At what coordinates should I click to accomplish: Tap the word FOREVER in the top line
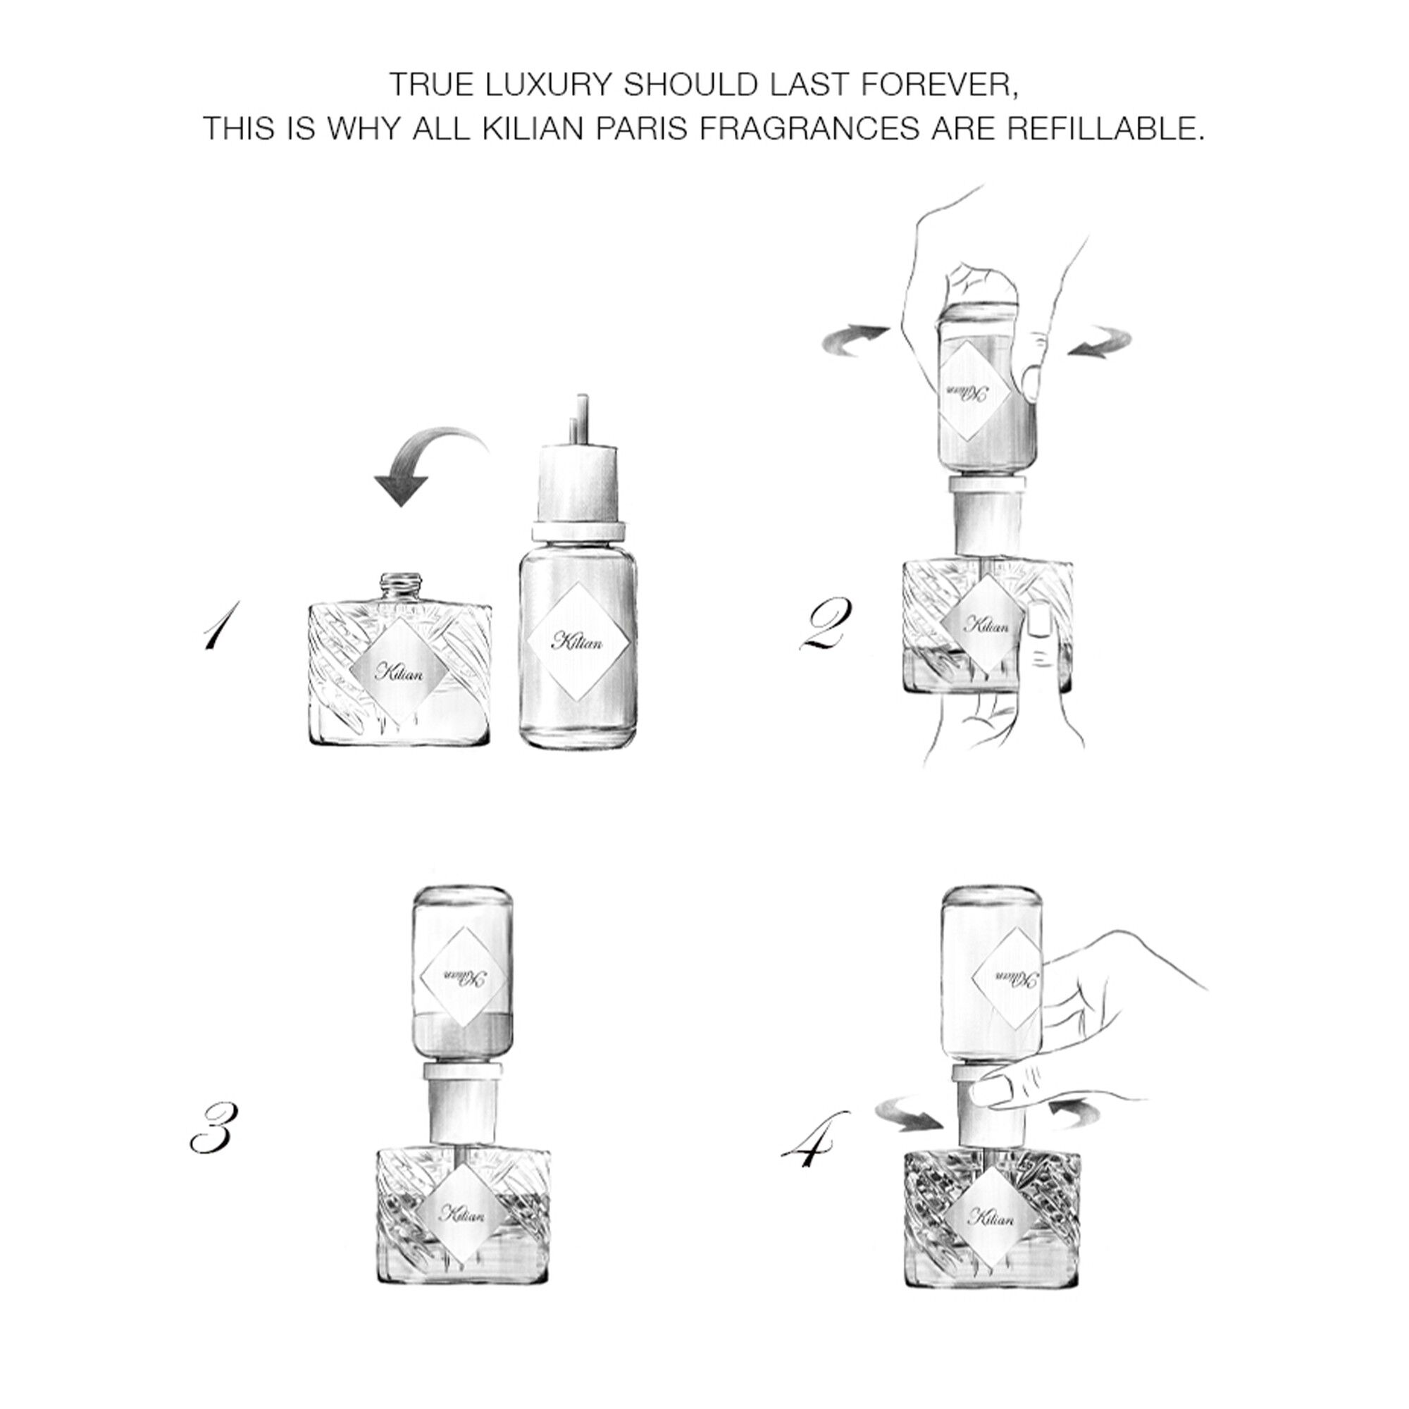(x=937, y=85)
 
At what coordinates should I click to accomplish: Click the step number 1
(x=220, y=625)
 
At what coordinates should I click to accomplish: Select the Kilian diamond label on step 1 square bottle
(x=398, y=671)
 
